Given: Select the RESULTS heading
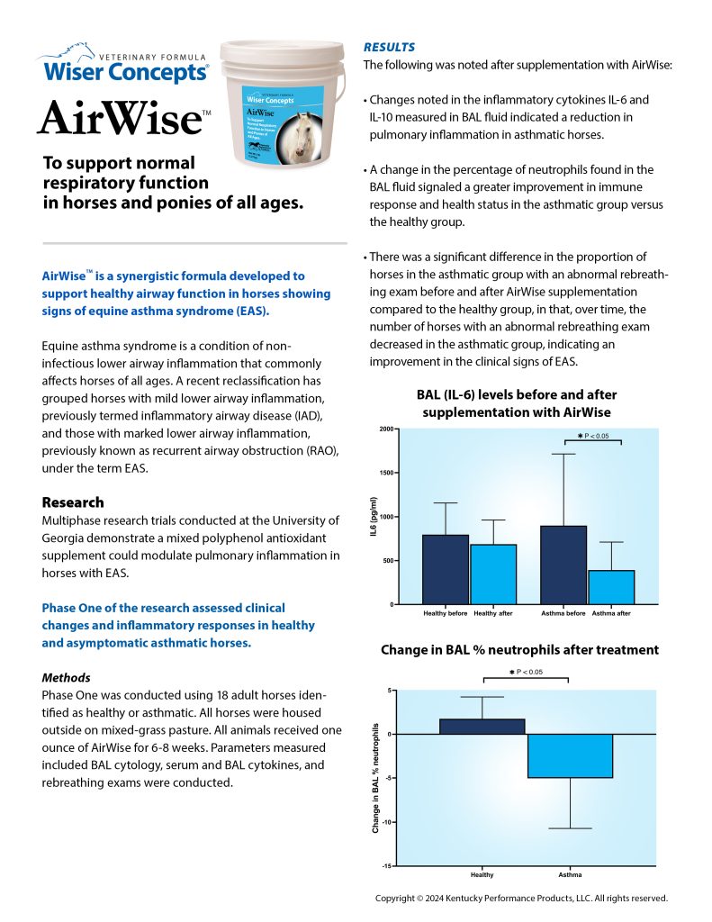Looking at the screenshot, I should click(x=390, y=46).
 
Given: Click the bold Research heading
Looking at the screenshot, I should click(x=73, y=502).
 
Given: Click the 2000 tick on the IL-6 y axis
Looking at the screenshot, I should click(x=386, y=429).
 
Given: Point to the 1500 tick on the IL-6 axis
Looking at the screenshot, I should click(x=386, y=474).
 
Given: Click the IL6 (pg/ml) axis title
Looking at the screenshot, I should click(x=372, y=518).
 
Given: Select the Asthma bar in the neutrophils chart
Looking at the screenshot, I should click(x=570, y=755).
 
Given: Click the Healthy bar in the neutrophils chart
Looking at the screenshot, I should click(x=482, y=727).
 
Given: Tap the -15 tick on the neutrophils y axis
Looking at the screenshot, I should click(x=387, y=865).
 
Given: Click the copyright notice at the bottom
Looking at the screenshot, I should click(x=521, y=898).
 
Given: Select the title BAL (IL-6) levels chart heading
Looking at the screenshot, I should click(x=517, y=403).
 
